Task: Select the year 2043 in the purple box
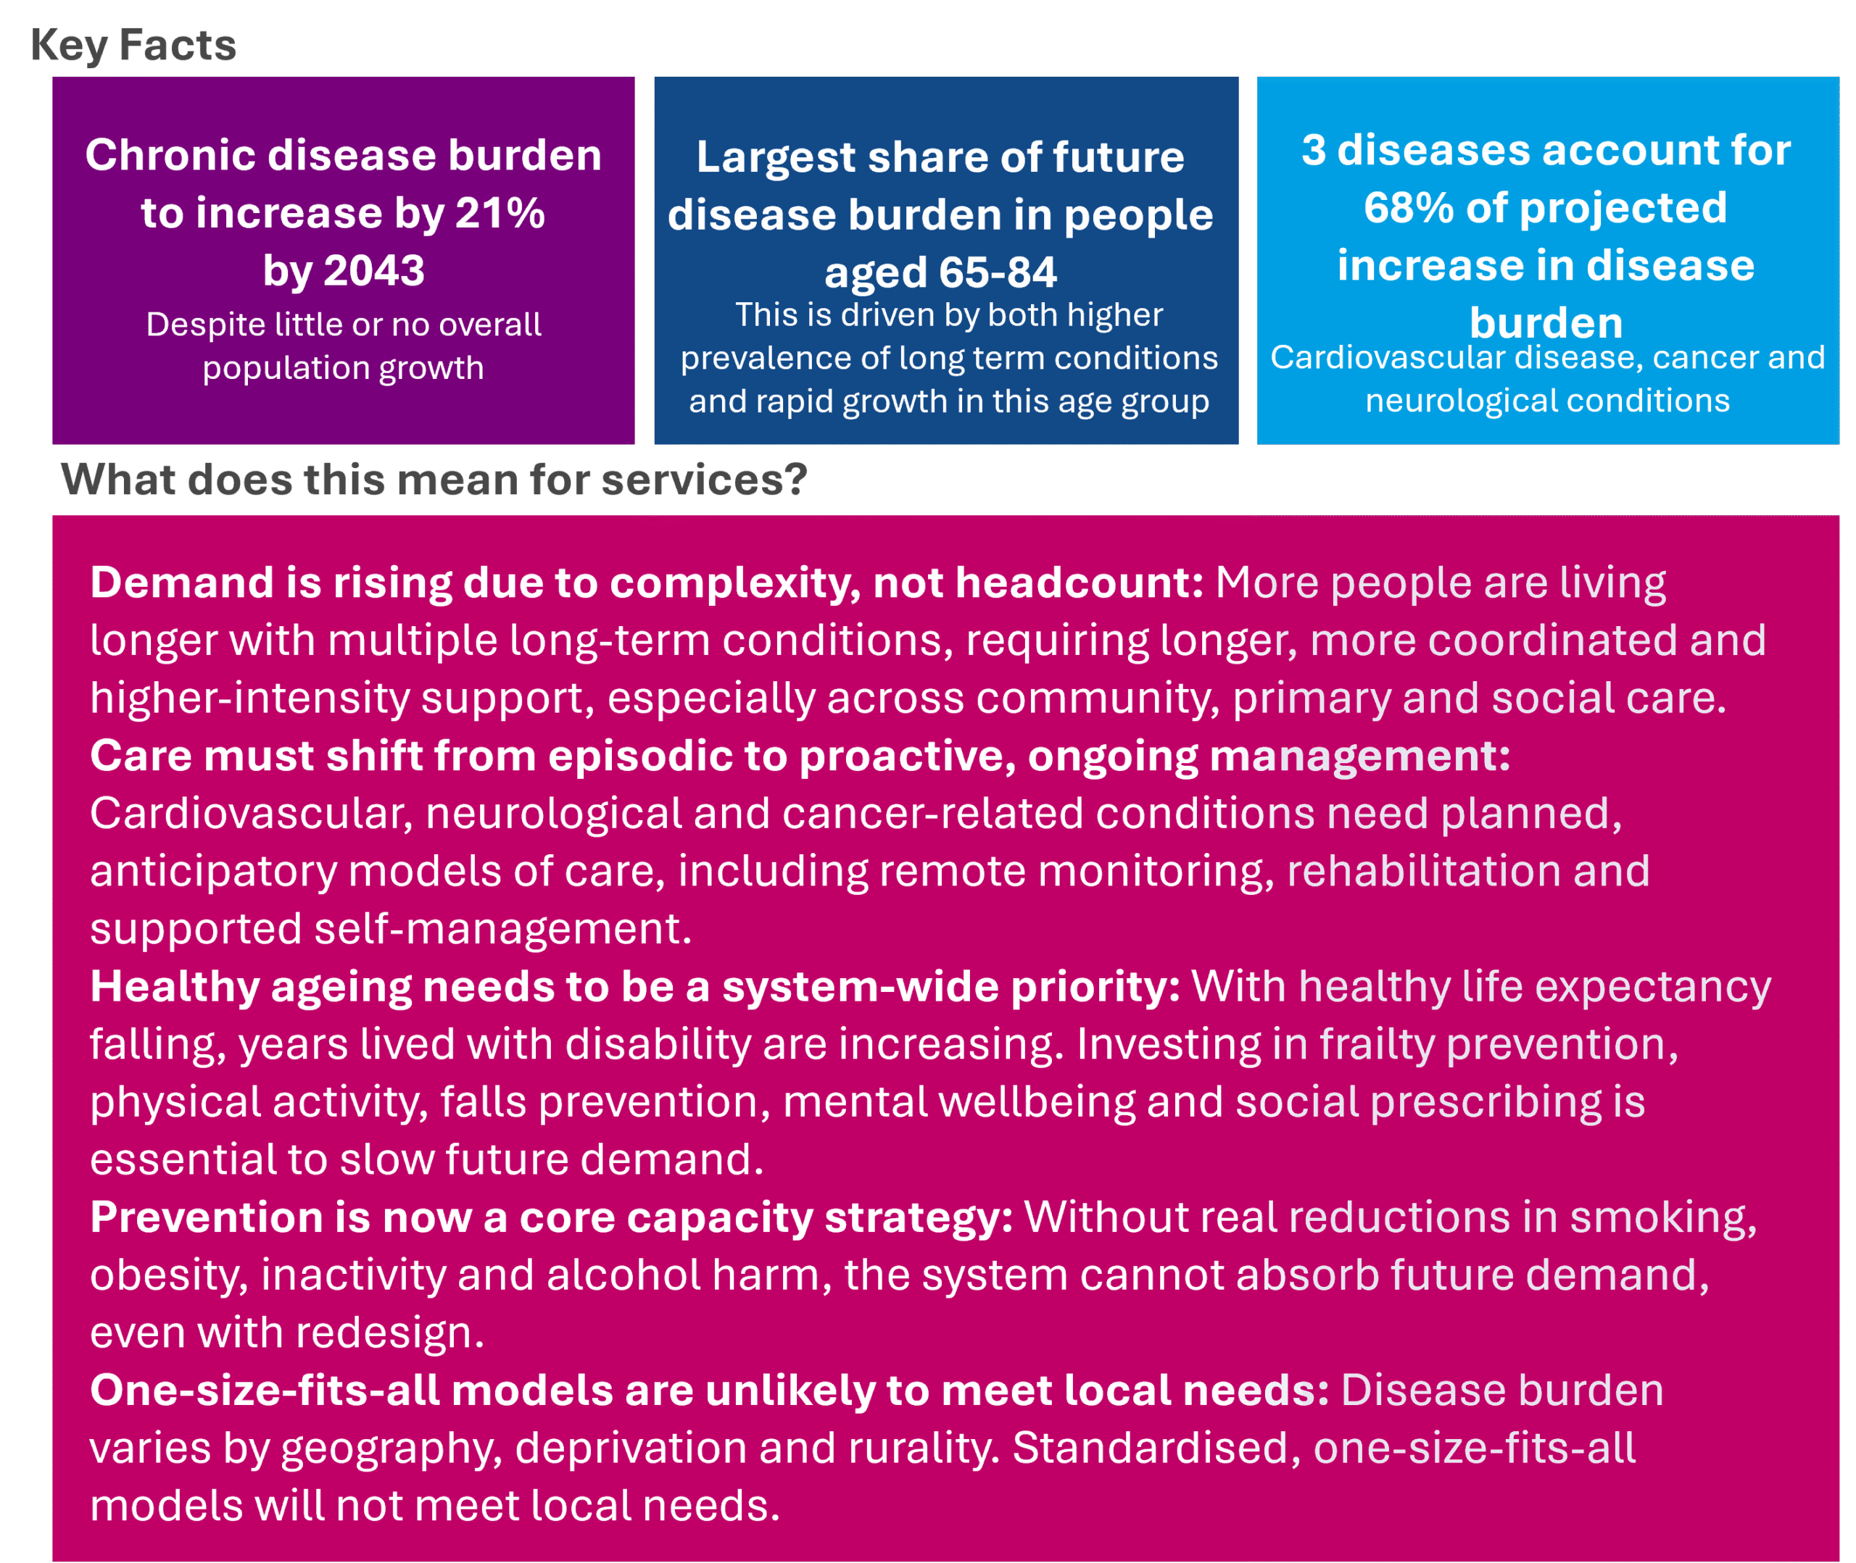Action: click(374, 271)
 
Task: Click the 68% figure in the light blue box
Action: click(1409, 208)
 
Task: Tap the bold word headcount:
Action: click(1080, 583)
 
